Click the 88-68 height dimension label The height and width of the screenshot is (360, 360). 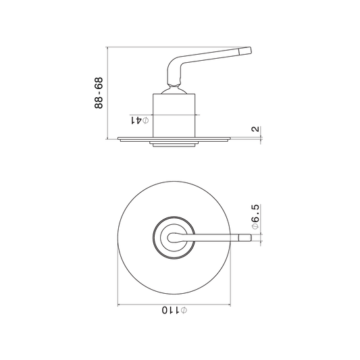tap(99, 93)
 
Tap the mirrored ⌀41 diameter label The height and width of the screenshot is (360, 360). tap(140, 120)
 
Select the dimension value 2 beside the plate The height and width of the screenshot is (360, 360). tap(255, 129)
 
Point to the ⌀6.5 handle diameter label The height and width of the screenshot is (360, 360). tap(255, 217)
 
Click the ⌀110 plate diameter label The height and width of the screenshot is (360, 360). tap(174, 310)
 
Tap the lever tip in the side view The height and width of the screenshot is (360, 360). tap(245, 51)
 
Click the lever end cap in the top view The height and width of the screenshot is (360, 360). tap(245, 238)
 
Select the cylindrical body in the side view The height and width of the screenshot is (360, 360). tap(174, 115)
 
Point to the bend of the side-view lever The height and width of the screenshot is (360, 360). tap(174, 63)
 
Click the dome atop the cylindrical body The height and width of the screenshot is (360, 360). tap(174, 91)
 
